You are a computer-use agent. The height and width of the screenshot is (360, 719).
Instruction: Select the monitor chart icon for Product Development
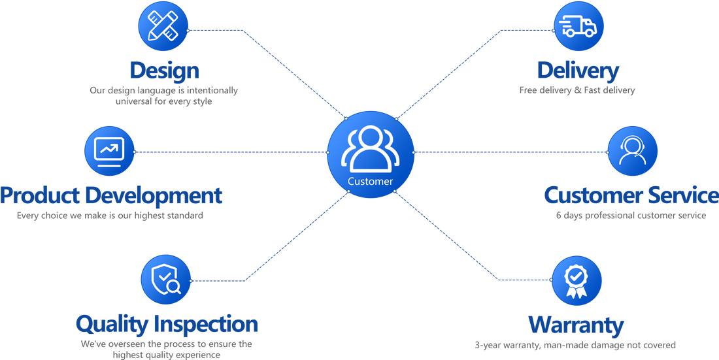pos(109,151)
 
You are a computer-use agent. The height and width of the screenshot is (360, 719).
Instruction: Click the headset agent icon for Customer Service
pos(632,151)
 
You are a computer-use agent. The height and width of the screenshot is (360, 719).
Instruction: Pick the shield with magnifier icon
pos(165,280)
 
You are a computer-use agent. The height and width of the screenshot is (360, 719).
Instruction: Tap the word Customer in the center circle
pos(371,182)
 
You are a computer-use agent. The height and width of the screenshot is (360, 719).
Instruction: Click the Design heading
pos(164,70)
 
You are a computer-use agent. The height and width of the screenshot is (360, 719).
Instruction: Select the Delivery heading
pos(578,70)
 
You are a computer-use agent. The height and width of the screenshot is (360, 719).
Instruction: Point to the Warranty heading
pos(576,325)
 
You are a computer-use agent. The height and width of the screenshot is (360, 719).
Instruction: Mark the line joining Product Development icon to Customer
pos(229,152)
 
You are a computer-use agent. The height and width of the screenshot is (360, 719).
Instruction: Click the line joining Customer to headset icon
pos(510,152)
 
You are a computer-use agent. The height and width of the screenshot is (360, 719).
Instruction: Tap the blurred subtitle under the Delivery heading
pos(577,91)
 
